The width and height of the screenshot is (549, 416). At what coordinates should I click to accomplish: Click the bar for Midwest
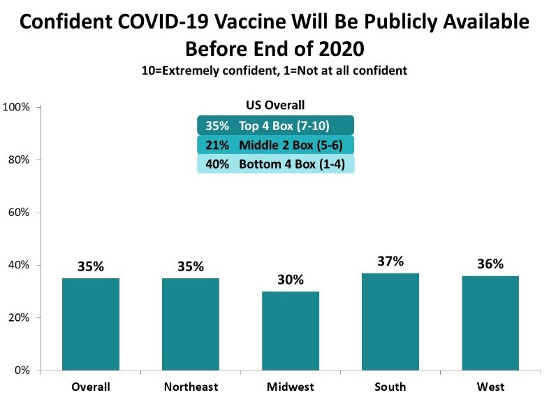pyautogui.click(x=290, y=331)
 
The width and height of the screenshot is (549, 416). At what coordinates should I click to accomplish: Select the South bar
pyautogui.click(x=390, y=322)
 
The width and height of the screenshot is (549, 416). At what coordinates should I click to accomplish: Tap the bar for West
pyautogui.click(x=490, y=323)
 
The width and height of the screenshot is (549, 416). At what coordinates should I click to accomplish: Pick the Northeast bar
pyautogui.click(x=190, y=324)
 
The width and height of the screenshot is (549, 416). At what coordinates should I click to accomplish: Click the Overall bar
pyautogui.click(x=91, y=324)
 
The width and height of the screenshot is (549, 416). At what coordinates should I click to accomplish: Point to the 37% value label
pyautogui.click(x=390, y=261)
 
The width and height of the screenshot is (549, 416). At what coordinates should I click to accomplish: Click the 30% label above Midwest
pyautogui.click(x=290, y=280)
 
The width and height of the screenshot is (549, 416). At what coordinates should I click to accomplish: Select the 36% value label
pyautogui.click(x=490, y=264)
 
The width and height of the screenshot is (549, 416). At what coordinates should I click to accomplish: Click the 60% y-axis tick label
pyautogui.click(x=17, y=213)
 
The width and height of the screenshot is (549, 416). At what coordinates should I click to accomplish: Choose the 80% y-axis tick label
pyautogui.click(x=17, y=159)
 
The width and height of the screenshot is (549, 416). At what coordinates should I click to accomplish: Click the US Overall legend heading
pyautogui.click(x=275, y=106)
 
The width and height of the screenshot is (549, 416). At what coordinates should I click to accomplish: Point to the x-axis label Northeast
pyautogui.click(x=190, y=387)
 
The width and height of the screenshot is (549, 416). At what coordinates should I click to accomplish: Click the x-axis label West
pyautogui.click(x=490, y=387)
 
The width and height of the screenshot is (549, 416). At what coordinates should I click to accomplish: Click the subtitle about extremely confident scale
pyautogui.click(x=274, y=70)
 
